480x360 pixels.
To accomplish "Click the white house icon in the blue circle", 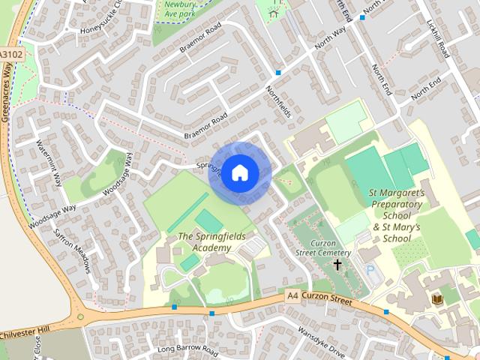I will coord(239,172).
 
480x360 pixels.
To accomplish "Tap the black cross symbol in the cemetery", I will coord(337,265).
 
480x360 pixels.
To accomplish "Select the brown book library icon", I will coord(437,300).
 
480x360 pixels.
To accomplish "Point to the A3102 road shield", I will coord(11,55).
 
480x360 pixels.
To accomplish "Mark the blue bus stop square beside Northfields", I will coord(277,73).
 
